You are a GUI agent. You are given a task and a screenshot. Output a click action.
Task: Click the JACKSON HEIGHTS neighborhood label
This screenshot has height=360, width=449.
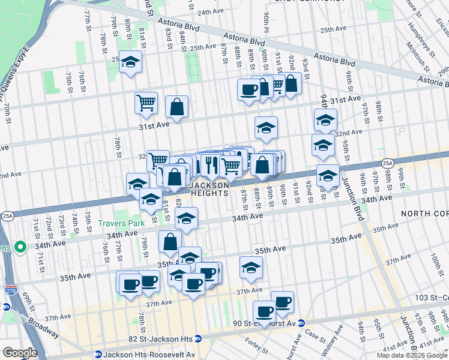(x=209, y=189)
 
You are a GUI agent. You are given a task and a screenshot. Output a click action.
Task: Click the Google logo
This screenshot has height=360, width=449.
(x=20, y=353)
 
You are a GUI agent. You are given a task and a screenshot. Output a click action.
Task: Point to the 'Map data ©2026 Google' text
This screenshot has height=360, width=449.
(x=412, y=355)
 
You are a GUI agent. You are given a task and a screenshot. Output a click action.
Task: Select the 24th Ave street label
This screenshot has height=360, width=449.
(x=210, y=12)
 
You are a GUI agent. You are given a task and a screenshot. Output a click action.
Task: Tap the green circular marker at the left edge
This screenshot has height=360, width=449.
(x=20, y=247)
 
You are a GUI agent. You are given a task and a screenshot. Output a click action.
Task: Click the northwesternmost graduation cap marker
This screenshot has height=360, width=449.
(x=130, y=62)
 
